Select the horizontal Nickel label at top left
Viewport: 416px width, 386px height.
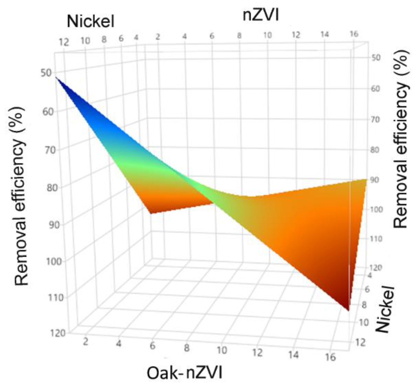pos(91,21)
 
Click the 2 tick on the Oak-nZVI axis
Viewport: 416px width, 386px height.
pos(85,342)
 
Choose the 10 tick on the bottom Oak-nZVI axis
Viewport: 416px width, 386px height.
pos(222,350)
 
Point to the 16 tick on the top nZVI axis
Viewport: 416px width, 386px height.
pos(354,34)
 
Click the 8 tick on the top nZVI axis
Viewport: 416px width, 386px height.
pos(239,36)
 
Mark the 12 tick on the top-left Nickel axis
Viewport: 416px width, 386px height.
pos(64,42)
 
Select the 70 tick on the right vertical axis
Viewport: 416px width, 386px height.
pos(375,119)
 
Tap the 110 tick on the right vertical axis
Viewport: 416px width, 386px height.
pos(376,238)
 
